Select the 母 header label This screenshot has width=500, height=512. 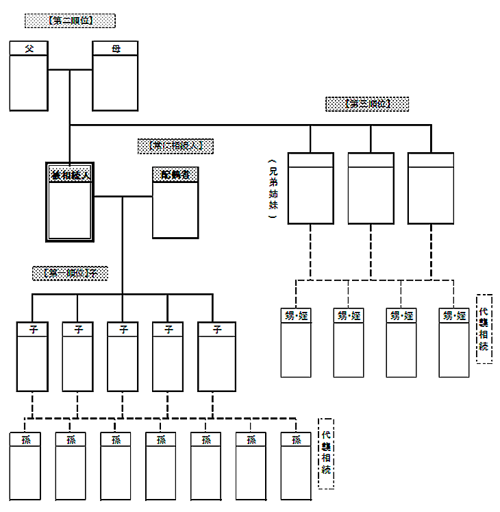point(115,49)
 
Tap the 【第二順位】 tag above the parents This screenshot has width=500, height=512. point(70,21)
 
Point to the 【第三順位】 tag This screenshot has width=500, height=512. point(367,104)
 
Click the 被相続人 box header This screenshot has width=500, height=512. point(70,175)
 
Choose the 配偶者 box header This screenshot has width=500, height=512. point(175,174)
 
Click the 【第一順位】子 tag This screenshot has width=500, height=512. point(70,273)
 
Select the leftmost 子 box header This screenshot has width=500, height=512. point(32,330)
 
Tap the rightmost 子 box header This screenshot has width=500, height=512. point(216,330)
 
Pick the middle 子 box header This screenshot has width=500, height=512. point(123,330)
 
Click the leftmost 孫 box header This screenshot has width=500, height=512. point(25,440)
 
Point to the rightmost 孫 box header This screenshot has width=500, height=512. point(296,440)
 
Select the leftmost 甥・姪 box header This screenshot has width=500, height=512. point(296,316)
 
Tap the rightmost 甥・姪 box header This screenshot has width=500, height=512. point(454,316)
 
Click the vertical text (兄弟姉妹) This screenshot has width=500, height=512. point(272,189)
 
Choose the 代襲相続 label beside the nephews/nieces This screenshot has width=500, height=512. point(484,329)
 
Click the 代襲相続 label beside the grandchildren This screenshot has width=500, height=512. point(325,453)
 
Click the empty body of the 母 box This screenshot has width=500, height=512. point(115,82)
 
